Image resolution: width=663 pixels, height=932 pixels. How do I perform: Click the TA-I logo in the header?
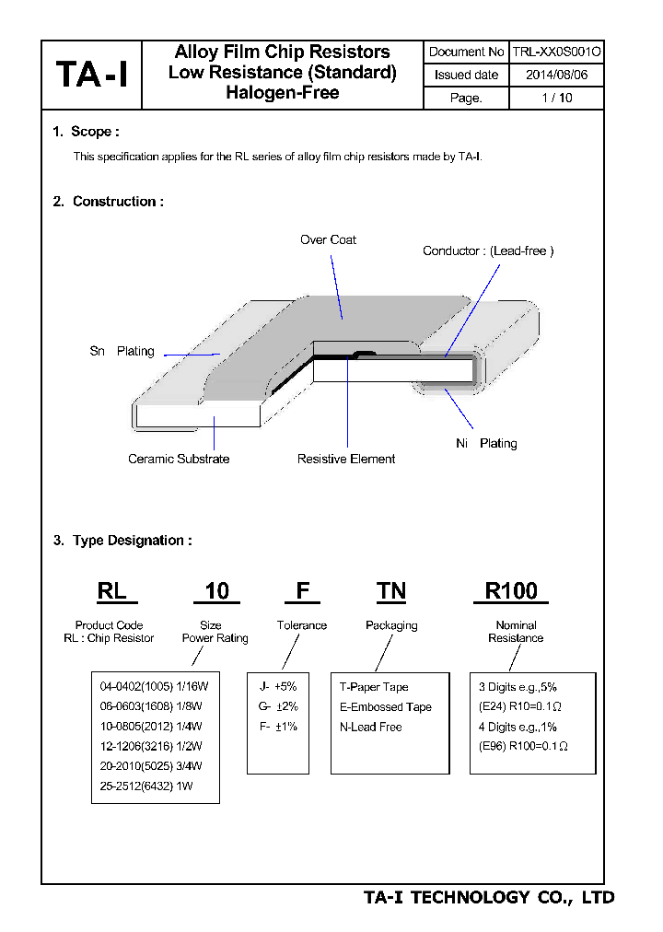pyautogui.click(x=91, y=75)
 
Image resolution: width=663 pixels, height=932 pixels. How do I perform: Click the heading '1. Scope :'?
pyautogui.click(x=86, y=132)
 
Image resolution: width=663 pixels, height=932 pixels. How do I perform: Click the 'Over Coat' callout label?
pyautogui.click(x=328, y=239)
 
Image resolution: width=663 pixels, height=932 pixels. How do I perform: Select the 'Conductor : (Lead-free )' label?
pyautogui.click(x=488, y=250)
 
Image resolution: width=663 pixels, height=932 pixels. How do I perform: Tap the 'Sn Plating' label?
pyautogui.click(x=122, y=352)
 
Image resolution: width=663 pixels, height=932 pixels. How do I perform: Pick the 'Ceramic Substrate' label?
pyautogui.click(x=179, y=459)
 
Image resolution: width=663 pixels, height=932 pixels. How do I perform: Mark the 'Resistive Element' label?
pyautogui.click(x=346, y=459)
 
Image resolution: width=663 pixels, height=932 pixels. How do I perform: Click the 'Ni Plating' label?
pyautogui.click(x=486, y=443)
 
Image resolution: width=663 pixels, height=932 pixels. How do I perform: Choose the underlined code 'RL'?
pyautogui.click(x=112, y=591)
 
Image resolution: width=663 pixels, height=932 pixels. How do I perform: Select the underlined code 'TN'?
pyautogui.click(x=391, y=591)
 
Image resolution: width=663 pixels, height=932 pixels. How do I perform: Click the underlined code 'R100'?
pyautogui.click(x=511, y=591)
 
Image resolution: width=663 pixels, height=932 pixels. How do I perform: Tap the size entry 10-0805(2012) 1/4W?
pyautogui.click(x=150, y=727)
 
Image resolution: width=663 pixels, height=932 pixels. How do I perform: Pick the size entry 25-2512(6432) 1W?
pyautogui.click(x=146, y=785)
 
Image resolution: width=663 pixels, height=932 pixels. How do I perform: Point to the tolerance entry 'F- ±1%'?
pyautogui.click(x=278, y=727)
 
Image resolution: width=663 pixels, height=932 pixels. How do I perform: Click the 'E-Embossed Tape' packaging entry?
pyautogui.click(x=385, y=707)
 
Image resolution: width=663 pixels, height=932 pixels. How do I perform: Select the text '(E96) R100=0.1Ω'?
pyautogui.click(x=523, y=747)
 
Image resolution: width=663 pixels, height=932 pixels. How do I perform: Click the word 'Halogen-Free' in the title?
pyautogui.click(x=282, y=92)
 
